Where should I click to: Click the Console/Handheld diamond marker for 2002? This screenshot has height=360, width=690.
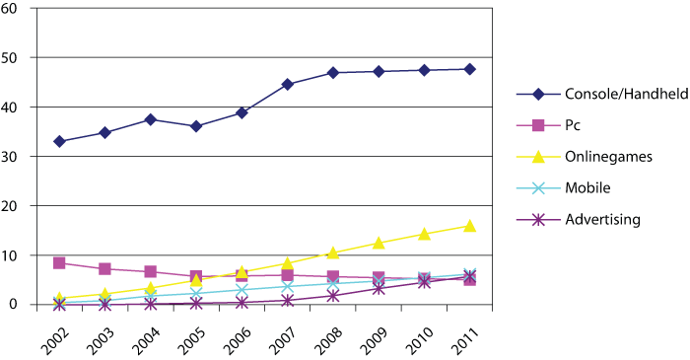coord(60,141)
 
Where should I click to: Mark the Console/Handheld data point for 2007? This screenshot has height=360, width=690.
coord(288,85)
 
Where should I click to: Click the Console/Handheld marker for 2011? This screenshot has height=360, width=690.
coord(470,69)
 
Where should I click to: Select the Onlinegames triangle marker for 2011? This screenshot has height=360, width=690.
coord(470,226)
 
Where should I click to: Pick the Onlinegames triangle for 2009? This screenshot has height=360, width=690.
coord(379,243)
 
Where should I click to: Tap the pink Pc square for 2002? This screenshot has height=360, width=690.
coord(60,263)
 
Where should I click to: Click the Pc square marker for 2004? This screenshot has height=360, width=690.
coord(151,271)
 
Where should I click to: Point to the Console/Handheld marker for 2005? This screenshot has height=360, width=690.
coord(196,126)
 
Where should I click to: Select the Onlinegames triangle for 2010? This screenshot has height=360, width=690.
coord(425,234)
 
